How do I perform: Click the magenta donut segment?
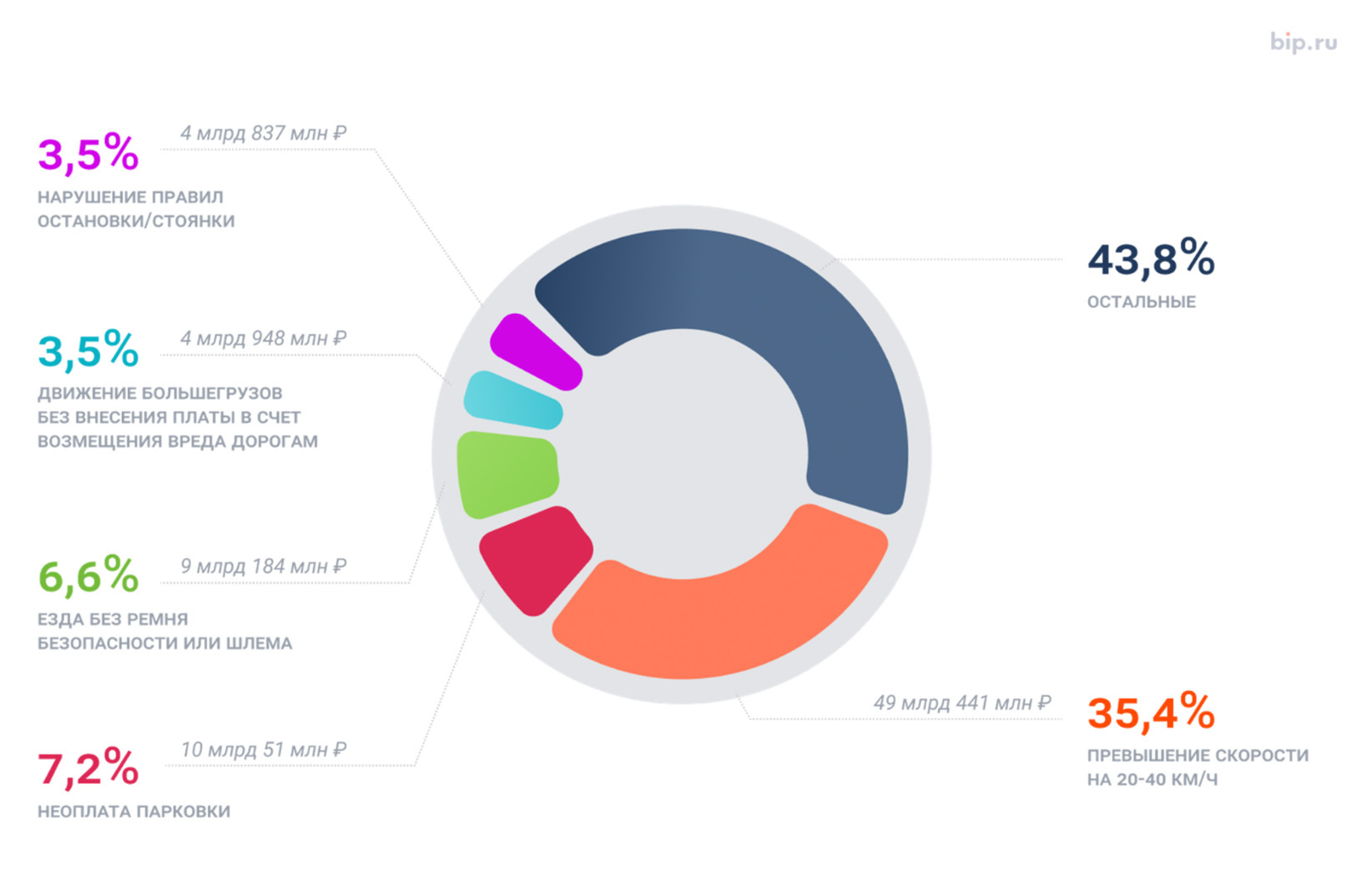pyautogui.click(x=535, y=352)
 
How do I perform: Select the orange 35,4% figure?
pyautogui.click(x=1151, y=711)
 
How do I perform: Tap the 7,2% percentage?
pyautogui.click(x=88, y=767)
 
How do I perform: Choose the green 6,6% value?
pyautogui.click(x=88, y=575)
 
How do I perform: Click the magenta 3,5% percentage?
pyautogui.click(x=88, y=154)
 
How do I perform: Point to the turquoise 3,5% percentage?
pyautogui.click(x=88, y=350)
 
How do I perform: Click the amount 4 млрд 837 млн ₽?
pyautogui.click(x=263, y=133)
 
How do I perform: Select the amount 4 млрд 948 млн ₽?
pyautogui.click(x=263, y=338)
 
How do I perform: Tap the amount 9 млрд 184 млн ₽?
pyautogui.click(x=263, y=566)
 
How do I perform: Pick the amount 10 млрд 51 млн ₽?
pyautogui.click(x=263, y=750)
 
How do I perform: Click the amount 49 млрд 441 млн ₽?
pyautogui.click(x=961, y=703)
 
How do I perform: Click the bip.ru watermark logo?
pyautogui.click(x=1303, y=42)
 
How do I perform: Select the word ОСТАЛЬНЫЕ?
pyautogui.click(x=1141, y=302)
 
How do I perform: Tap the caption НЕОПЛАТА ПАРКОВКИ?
pyautogui.click(x=134, y=812)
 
